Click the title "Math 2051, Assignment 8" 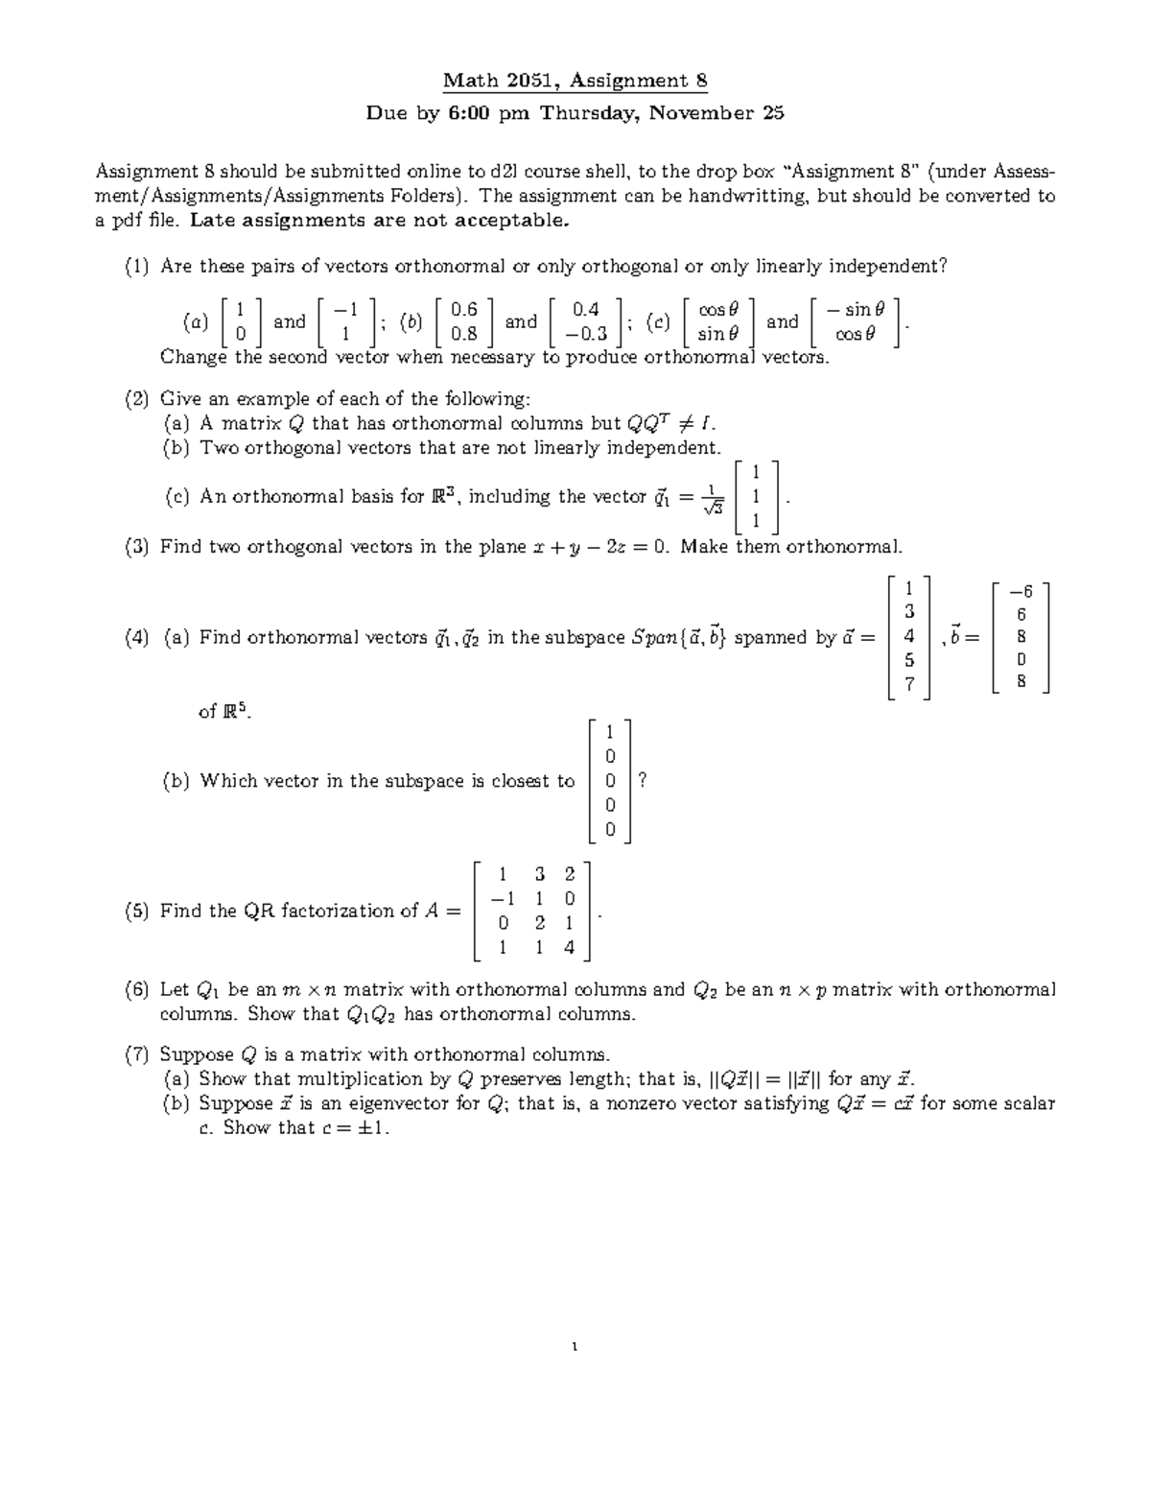575,82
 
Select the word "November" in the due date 702,113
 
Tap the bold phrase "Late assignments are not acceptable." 379,221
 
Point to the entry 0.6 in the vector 464,309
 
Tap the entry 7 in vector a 910,684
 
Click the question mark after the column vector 643,781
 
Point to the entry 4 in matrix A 570,948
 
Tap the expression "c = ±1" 356,1128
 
